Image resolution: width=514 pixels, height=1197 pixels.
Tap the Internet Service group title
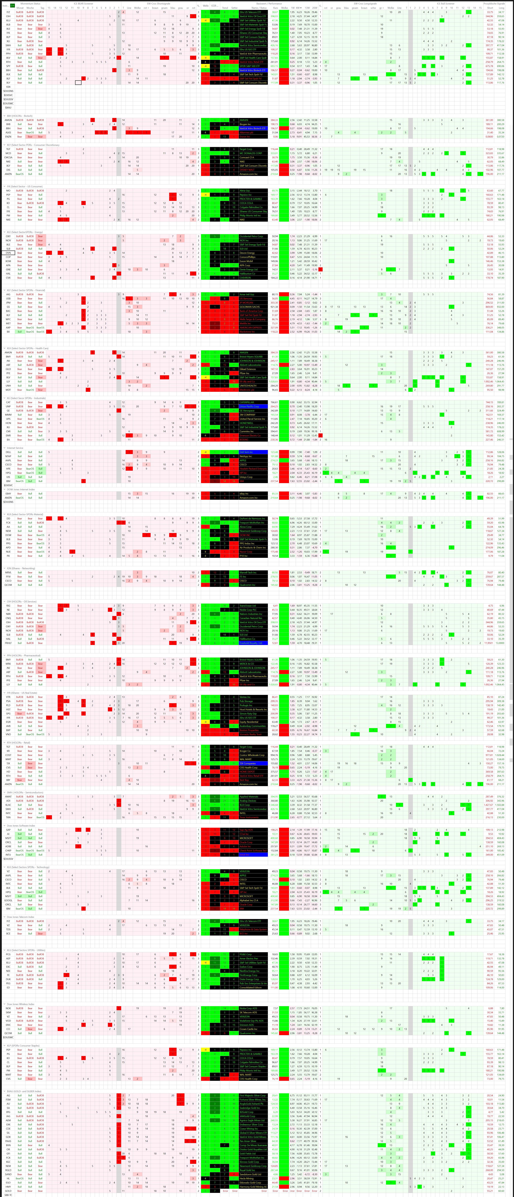15,448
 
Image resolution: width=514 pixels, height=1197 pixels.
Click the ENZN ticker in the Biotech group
8,137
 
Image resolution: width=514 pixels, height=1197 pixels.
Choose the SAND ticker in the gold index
8,1174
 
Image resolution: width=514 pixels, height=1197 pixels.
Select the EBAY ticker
8,494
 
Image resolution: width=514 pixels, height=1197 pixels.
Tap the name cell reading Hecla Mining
248,1178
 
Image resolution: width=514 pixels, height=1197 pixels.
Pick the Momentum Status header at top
30,3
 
